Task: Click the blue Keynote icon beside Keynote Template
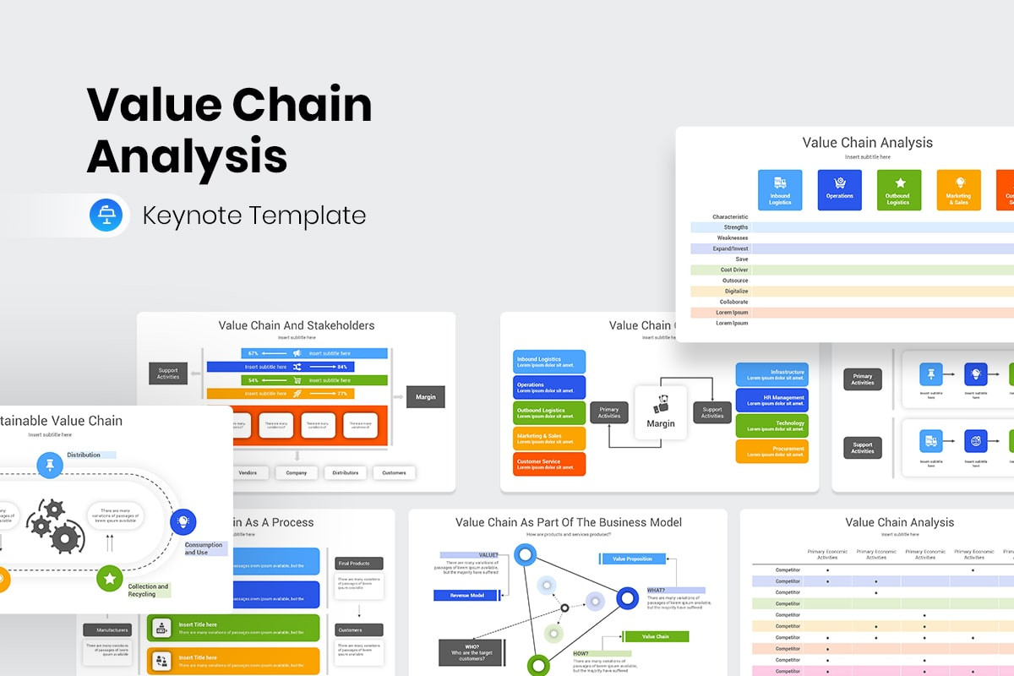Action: pyautogui.click(x=106, y=215)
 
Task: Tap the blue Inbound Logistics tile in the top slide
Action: pyautogui.click(x=780, y=190)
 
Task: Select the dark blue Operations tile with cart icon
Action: pyautogui.click(x=839, y=190)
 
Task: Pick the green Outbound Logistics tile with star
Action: pyautogui.click(x=898, y=190)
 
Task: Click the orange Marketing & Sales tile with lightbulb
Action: pyautogui.click(x=958, y=190)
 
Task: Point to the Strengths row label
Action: pyautogui.click(x=735, y=227)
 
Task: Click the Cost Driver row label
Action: pyautogui.click(x=733, y=270)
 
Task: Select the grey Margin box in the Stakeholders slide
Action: pyautogui.click(x=426, y=396)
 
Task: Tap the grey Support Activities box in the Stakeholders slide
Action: pyautogui.click(x=168, y=373)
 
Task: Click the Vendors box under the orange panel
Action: pyautogui.click(x=248, y=472)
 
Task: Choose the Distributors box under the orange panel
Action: pyautogui.click(x=345, y=472)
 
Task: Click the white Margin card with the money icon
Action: pyautogui.click(x=661, y=412)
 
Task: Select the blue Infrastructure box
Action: pyautogui.click(x=771, y=374)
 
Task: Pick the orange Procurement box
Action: pyautogui.click(x=771, y=450)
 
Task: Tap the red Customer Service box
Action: pyautogui.click(x=549, y=464)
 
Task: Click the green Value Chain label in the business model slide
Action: pyautogui.click(x=656, y=636)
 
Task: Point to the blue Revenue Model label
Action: pyautogui.click(x=466, y=595)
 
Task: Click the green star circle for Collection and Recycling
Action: pyautogui.click(x=110, y=579)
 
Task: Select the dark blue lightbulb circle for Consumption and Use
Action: pyautogui.click(x=183, y=521)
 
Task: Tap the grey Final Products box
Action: pyautogui.click(x=359, y=563)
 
